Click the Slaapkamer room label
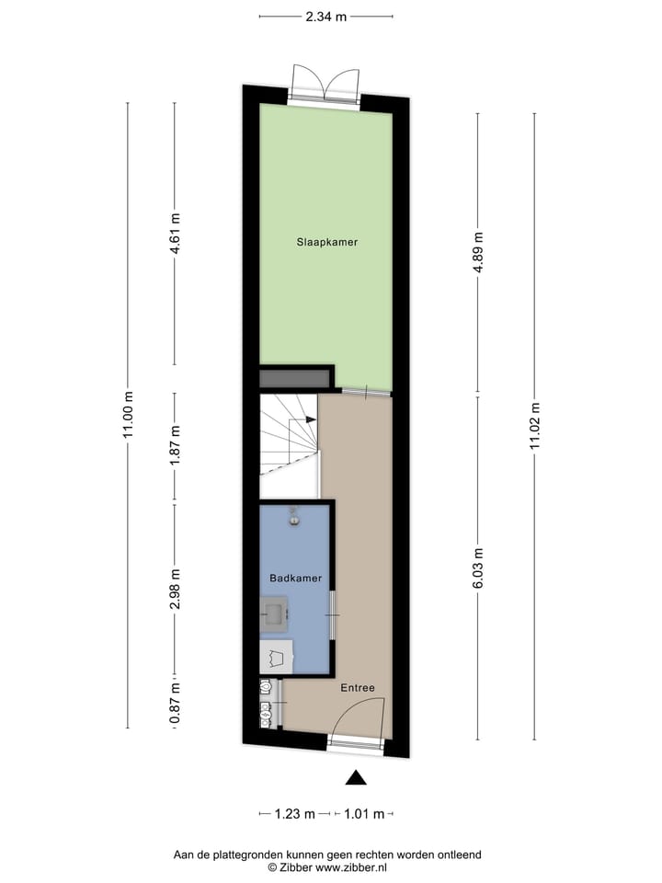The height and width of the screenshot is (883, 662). tap(326, 243)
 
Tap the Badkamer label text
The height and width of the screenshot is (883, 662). tap(295, 578)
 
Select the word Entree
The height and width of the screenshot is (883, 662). tap(358, 688)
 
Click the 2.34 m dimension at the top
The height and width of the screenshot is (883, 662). tap(326, 16)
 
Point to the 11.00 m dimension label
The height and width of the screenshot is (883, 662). tap(128, 416)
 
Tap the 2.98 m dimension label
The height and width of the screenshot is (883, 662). tap(175, 590)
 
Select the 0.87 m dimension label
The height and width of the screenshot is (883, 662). tap(175, 705)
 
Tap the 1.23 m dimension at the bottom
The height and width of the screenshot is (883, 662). tap(294, 813)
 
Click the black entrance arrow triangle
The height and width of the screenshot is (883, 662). tap(356, 778)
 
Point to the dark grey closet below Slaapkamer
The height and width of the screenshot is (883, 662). tap(294, 378)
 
